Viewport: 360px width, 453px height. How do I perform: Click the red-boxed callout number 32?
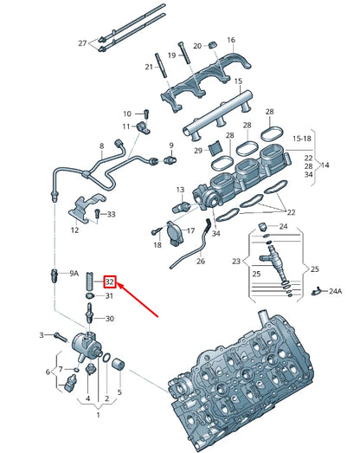tap(110, 282)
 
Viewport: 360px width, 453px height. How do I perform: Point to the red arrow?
tap(138, 299)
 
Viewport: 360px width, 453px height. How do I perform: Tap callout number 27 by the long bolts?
tap(83, 42)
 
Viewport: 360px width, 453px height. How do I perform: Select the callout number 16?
tap(230, 40)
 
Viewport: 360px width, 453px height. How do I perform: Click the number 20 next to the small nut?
tap(197, 45)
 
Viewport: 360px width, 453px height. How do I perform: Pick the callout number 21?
tap(149, 67)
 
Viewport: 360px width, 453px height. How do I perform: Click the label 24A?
tap(334, 291)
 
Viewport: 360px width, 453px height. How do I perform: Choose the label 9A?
tap(74, 273)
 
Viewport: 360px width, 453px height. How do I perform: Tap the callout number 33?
tap(111, 214)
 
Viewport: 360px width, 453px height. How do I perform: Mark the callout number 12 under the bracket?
tap(74, 230)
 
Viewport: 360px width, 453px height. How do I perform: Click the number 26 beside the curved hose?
tap(201, 261)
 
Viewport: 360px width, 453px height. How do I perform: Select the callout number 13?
tap(181, 190)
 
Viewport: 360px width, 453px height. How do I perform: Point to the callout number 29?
tap(198, 151)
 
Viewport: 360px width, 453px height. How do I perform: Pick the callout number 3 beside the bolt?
tap(41, 334)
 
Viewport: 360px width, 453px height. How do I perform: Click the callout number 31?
tap(110, 296)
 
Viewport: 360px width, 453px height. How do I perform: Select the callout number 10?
tap(126, 113)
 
